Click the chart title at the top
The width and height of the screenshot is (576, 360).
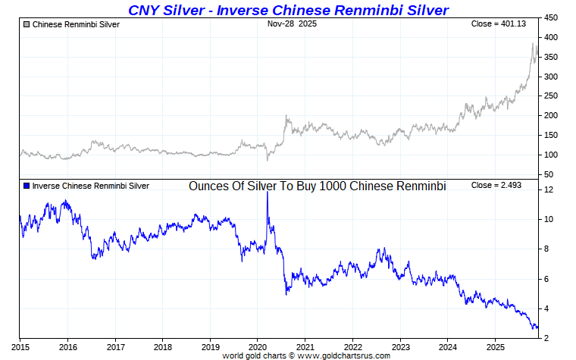[x=288, y=10]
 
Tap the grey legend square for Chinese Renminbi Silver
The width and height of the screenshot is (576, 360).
[x=27, y=25]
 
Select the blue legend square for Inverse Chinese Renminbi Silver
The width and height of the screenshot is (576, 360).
[x=27, y=186]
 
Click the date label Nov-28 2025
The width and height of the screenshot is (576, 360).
[x=292, y=24]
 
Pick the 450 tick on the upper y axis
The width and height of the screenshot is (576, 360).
[x=552, y=17]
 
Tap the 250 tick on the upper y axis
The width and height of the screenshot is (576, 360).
[x=552, y=96]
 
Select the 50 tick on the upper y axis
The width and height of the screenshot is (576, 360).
[x=549, y=175]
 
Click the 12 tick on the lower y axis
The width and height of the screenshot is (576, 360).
[x=549, y=189]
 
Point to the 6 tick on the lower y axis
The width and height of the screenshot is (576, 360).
[x=547, y=279]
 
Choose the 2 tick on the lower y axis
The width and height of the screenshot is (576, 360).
[x=547, y=338]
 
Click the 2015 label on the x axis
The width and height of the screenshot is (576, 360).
[x=20, y=347]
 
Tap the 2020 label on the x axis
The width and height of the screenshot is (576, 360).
[x=258, y=347]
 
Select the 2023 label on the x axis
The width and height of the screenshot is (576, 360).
[x=400, y=347]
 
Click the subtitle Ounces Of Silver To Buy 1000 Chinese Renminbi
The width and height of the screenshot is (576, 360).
[x=317, y=186]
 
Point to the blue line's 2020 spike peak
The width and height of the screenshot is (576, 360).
[x=267, y=193]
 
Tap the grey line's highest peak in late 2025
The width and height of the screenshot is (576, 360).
[x=533, y=44]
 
